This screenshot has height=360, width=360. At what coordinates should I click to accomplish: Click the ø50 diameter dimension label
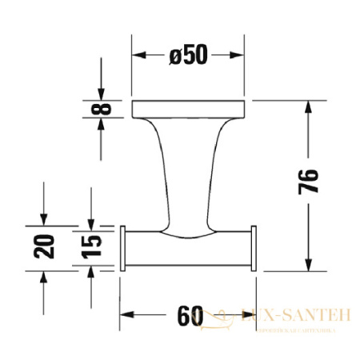pyautogui.click(x=188, y=55)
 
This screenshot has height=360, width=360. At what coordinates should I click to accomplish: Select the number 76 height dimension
pyautogui.click(x=311, y=186)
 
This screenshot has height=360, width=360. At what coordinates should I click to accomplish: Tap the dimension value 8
pyautogui.click(x=99, y=107)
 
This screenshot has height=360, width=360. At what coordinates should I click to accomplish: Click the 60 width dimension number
pyautogui.click(x=188, y=316)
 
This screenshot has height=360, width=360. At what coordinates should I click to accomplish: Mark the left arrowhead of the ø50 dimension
pyautogui.click(x=138, y=55)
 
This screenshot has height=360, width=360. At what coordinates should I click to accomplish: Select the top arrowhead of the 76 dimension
pyautogui.click(x=310, y=106)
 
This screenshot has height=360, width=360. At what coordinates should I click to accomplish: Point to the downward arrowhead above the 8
pyautogui.click(x=100, y=92)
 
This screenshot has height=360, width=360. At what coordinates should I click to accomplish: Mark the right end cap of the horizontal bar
pyautogui.click(x=253, y=249)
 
